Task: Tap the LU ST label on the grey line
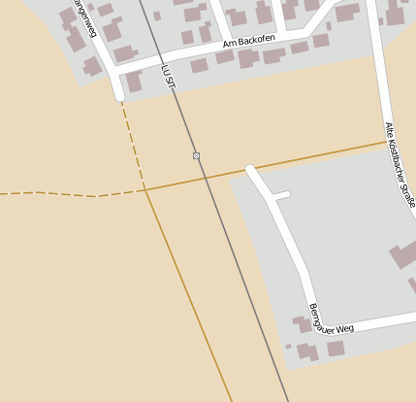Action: [x=169, y=77]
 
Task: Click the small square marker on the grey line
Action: [x=196, y=155]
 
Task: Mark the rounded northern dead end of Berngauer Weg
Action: [x=250, y=170]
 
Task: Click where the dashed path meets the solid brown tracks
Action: [x=145, y=190]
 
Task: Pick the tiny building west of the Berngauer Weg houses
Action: [x=288, y=346]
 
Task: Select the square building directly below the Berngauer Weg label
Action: [x=336, y=348]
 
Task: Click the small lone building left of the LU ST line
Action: [x=157, y=16]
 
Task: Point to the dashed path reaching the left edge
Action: [x=19, y=193]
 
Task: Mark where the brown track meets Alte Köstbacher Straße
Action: [x=386, y=143]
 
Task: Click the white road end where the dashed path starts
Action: [x=119, y=96]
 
